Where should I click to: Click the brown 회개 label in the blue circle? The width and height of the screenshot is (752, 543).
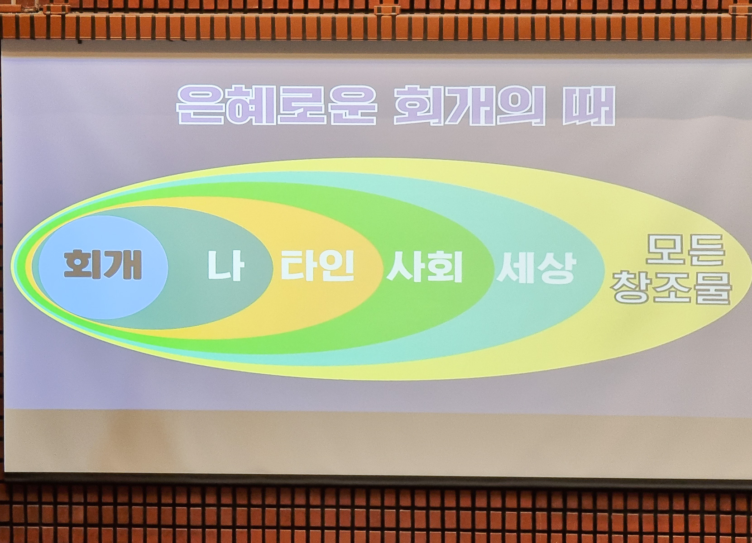click(103, 265)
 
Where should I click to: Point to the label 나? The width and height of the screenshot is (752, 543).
click(225, 265)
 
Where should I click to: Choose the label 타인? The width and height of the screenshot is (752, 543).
click(317, 265)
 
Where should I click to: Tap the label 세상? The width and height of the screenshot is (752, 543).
click(536, 267)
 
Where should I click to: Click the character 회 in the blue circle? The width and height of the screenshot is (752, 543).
click(82, 265)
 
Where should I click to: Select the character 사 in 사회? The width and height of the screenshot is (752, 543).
click(405, 266)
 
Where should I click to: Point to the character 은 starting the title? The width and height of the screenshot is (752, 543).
click(201, 105)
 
